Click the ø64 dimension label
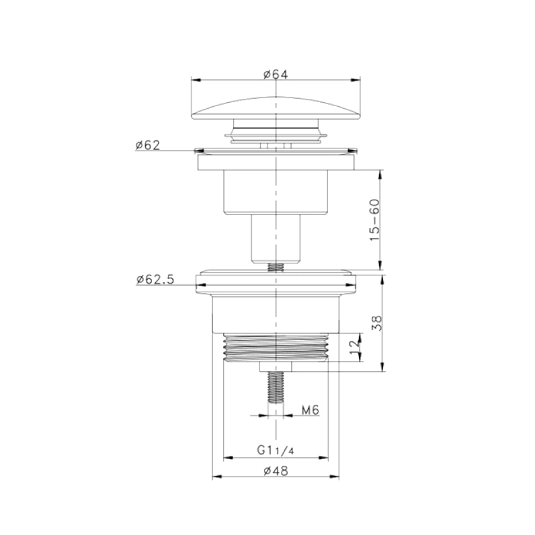[x=276, y=74]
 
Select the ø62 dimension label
[x=147, y=145]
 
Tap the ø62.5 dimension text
[x=155, y=280]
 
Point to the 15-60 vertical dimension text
[x=374, y=220]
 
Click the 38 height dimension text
[x=376, y=323]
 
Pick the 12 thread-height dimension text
[x=355, y=346]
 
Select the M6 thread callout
[x=310, y=410]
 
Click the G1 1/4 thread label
[x=276, y=450]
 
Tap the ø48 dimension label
[x=276, y=471]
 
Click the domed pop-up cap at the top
[x=276, y=108]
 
